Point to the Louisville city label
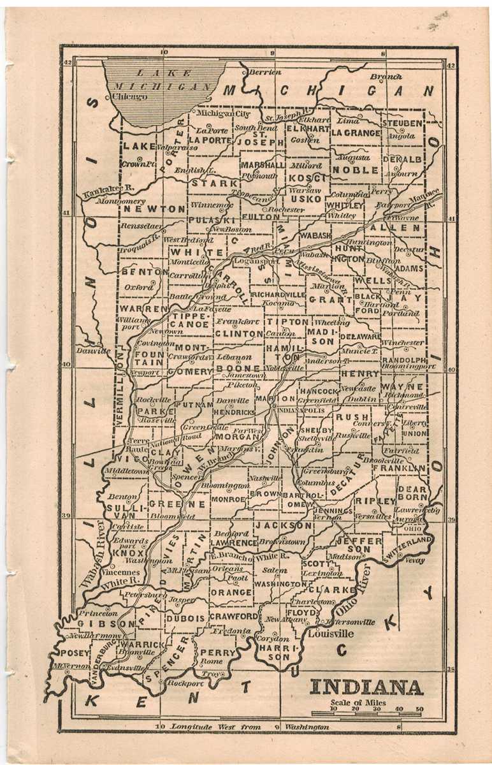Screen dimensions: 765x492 tap(330, 634)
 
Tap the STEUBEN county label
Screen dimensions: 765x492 tap(402, 122)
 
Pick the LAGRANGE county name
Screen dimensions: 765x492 tap(356, 133)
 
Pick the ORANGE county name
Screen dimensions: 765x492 tap(231, 592)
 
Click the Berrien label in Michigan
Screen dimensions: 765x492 tap(265, 73)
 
